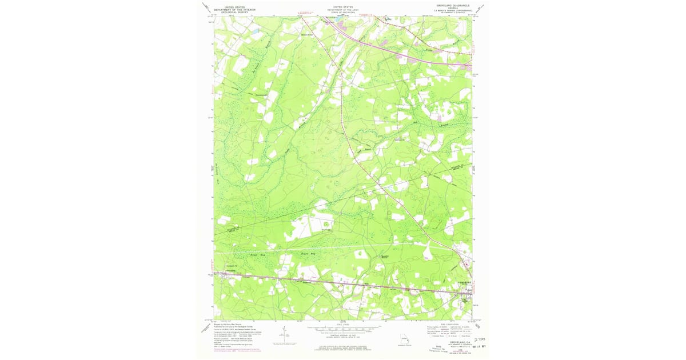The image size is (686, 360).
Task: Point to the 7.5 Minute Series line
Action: (452, 10)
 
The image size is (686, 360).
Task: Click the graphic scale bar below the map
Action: (343, 330)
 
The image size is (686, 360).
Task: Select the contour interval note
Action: (343, 337)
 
